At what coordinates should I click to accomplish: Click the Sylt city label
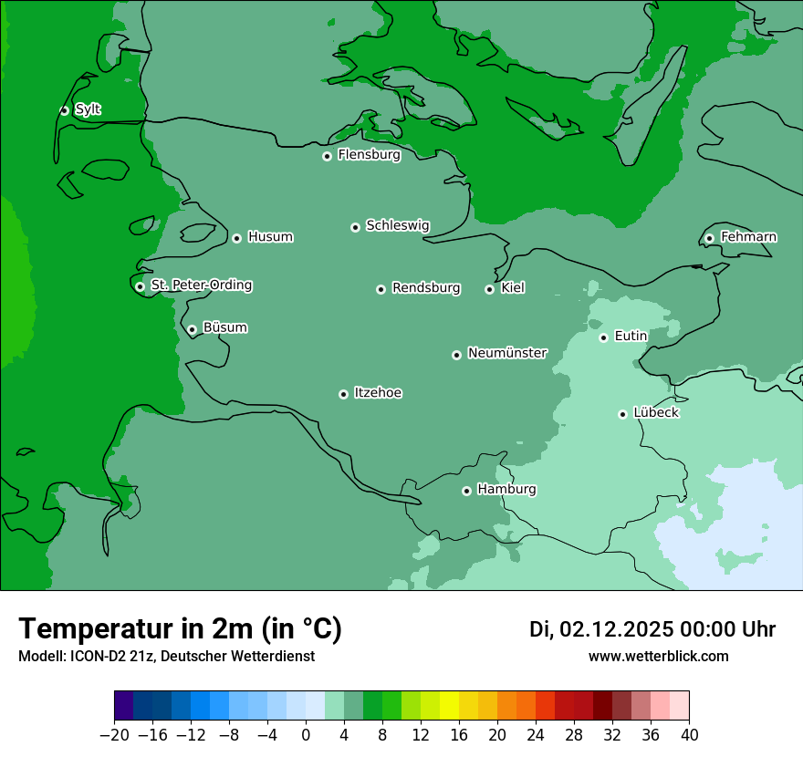click(x=88, y=109)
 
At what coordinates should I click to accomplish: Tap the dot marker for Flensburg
click(x=327, y=156)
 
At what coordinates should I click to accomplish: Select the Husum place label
click(x=270, y=237)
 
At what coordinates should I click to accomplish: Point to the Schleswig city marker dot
click(x=355, y=227)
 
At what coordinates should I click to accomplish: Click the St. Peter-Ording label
click(x=201, y=285)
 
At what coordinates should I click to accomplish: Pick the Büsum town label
click(x=224, y=327)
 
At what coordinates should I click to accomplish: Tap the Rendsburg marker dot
click(x=381, y=289)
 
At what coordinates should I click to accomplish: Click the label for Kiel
click(x=513, y=288)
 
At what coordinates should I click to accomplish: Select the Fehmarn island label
click(x=748, y=237)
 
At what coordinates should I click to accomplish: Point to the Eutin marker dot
click(x=603, y=337)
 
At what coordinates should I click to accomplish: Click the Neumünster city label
click(x=507, y=353)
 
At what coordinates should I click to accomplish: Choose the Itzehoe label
click(x=378, y=393)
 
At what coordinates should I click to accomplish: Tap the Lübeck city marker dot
click(x=622, y=414)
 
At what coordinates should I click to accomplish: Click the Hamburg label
click(x=506, y=489)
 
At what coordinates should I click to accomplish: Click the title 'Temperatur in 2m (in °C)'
click(x=180, y=629)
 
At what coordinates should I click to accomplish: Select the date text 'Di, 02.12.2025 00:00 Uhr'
click(x=652, y=629)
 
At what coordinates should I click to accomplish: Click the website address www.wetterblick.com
click(x=658, y=657)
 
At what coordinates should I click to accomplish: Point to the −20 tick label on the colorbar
click(x=114, y=736)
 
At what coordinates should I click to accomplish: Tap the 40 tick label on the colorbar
click(x=689, y=736)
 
